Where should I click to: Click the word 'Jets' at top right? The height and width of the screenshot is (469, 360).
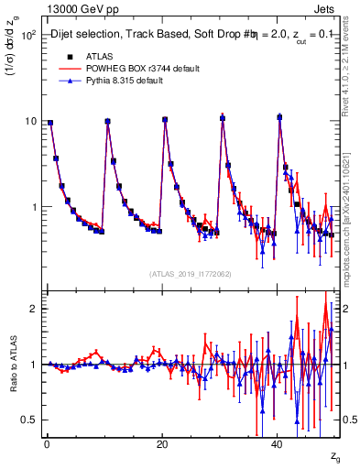pos(325,9)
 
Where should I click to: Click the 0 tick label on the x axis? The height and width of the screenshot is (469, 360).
pos(47,444)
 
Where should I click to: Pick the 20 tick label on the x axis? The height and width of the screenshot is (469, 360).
pos(162,444)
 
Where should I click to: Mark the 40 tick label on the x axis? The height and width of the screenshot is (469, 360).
pos(278,444)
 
